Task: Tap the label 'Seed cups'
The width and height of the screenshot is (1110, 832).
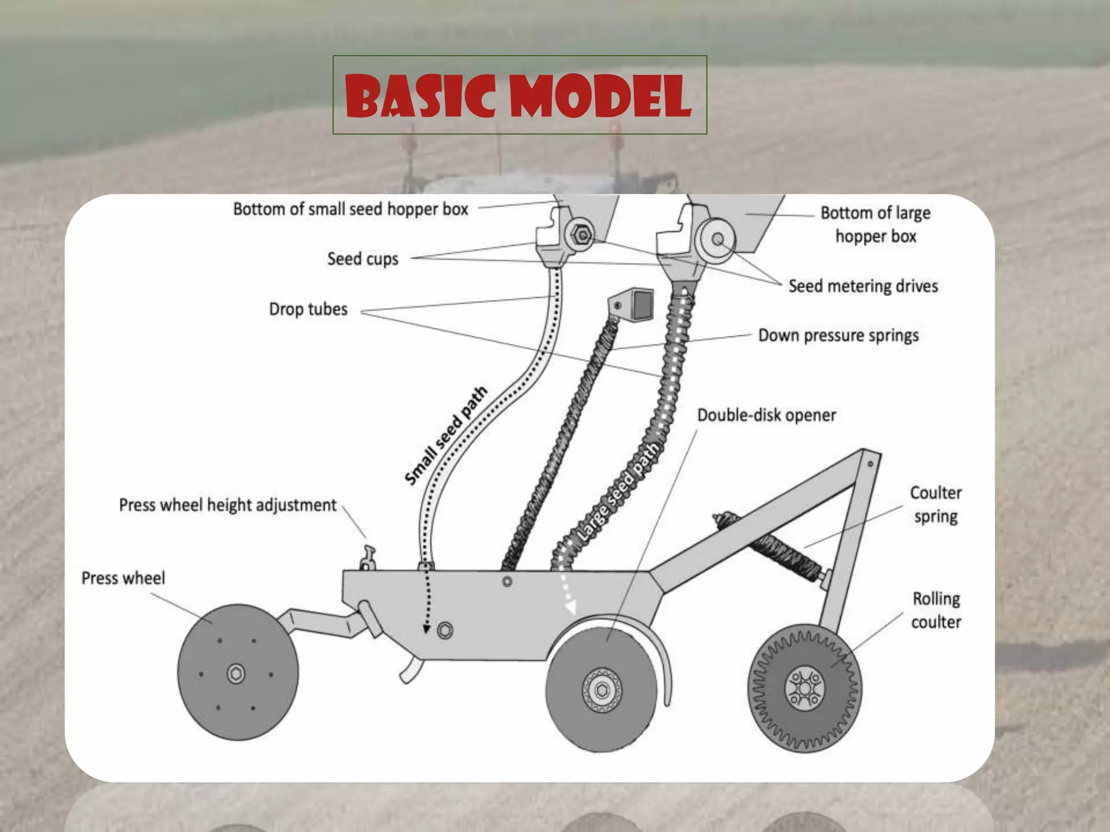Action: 363,259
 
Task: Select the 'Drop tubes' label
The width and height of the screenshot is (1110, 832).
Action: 308,309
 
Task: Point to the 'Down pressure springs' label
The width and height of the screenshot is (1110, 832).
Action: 838,335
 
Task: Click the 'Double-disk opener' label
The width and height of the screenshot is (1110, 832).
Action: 766,415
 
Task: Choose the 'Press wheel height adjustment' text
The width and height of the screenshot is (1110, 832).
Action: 228,505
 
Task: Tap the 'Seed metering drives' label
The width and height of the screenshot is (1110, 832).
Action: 863,286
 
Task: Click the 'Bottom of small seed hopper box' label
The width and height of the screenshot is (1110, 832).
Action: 350,209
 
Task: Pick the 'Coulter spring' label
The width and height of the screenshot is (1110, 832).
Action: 935,504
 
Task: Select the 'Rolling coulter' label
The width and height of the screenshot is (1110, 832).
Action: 936,610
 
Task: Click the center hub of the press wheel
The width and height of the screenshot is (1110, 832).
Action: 236,674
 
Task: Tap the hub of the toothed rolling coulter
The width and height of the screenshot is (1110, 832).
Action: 805,688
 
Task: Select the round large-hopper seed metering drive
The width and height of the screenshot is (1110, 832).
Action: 717,239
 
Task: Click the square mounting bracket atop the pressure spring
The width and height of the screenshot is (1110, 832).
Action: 635,305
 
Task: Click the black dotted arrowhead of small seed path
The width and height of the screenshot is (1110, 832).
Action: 427,629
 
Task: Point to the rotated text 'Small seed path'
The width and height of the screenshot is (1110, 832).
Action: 446,435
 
